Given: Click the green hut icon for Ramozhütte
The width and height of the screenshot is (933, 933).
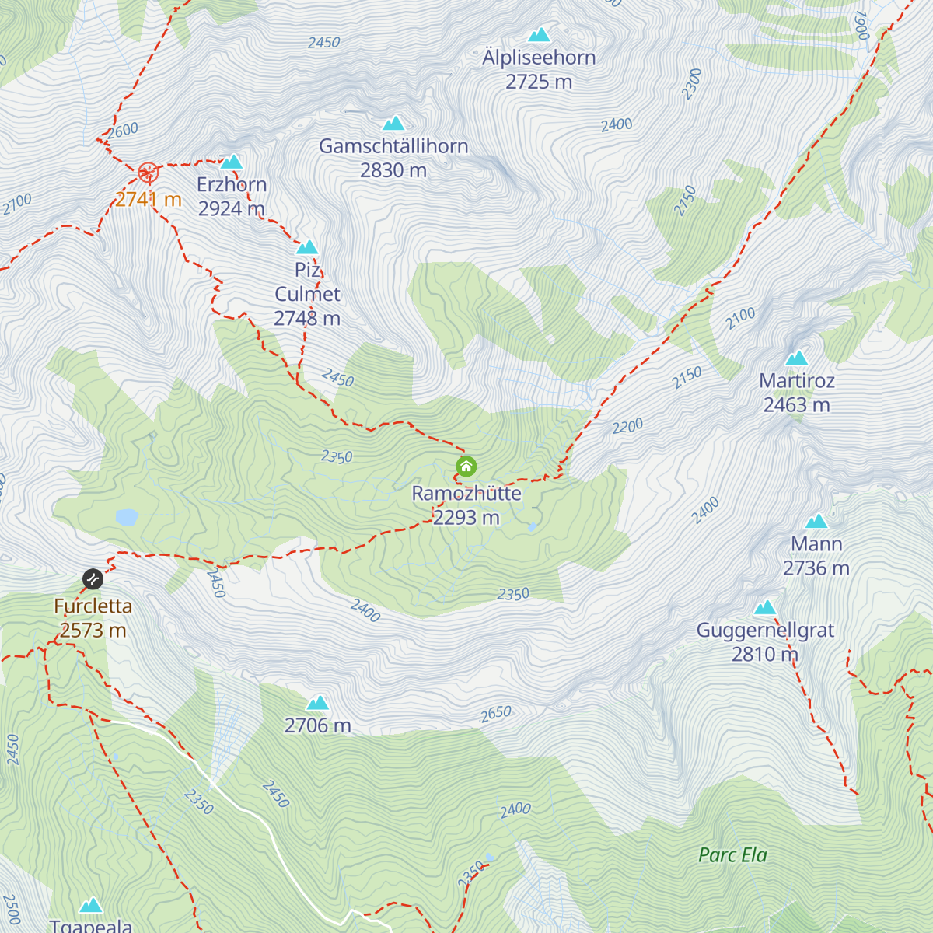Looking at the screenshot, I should click(466, 466).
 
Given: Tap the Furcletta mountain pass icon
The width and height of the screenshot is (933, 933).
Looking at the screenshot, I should click(93, 579).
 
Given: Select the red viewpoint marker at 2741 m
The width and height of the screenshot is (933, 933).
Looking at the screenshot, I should click(148, 172).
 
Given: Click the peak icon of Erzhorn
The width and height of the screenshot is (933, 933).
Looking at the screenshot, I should click(232, 162).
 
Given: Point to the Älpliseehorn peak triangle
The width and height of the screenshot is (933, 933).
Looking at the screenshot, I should click(539, 35).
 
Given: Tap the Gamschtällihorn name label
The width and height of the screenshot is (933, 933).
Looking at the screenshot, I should click(393, 146).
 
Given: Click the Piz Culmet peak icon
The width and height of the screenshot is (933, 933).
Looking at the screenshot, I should click(308, 247).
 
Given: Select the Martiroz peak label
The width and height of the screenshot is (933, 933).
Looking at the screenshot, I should click(797, 381).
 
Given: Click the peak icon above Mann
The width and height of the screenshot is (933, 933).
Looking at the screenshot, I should click(816, 521).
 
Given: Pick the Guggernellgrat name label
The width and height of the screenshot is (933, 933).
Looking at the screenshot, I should click(765, 631).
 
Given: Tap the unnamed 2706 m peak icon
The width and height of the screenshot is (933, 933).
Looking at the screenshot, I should click(317, 703).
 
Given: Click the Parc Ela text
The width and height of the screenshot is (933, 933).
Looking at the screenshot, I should click(732, 855).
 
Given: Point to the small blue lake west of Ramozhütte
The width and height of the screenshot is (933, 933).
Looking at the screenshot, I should click(127, 516).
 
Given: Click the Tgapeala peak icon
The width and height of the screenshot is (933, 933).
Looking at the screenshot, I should click(91, 905).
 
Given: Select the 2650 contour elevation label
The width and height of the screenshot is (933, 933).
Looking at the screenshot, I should click(496, 713).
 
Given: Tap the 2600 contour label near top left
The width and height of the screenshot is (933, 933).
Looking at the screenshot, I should click(123, 130).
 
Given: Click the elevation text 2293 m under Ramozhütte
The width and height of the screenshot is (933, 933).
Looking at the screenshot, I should click(466, 518).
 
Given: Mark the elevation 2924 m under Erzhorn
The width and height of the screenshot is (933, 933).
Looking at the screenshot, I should click(232, 209).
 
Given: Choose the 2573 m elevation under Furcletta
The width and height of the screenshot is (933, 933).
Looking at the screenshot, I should click(93, 631).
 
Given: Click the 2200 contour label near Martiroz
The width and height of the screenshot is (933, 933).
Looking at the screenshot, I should click(627, 426).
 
